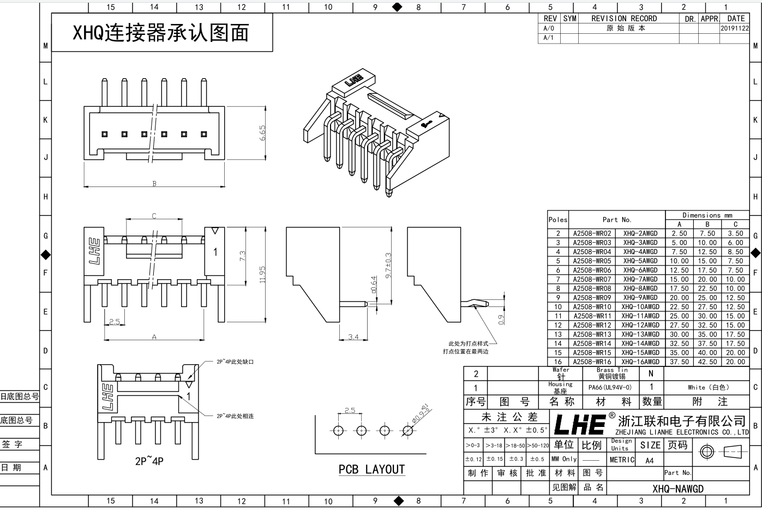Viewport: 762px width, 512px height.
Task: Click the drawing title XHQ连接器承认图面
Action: tap(161, 33)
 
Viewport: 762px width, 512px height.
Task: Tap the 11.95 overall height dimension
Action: tap(262, 274)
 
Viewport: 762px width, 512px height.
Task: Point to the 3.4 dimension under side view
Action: tap(353, 337)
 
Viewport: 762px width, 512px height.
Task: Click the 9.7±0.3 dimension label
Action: tap(388, 266)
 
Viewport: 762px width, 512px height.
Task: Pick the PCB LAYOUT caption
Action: tap(371, 469)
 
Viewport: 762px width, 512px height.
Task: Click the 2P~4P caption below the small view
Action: tap(149, 461)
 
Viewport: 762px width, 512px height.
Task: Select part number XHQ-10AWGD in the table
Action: tap(640, 306)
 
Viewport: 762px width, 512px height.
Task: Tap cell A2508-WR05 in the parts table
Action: tap(592, 261)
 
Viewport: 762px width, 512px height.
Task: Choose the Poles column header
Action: tap(558, 220)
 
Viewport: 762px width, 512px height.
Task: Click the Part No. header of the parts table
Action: tap(617, 220)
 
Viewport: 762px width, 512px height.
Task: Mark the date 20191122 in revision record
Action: tap(735, 28)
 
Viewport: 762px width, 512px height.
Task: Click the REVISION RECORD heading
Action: tap(624, 19)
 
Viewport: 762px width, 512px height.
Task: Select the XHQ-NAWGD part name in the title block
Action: tap(678, 489)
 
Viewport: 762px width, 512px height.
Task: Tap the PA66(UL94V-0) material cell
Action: tap(610, 387)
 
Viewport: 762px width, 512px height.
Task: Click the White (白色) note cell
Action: tap(708, 387)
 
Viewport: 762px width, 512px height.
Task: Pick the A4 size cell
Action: tap(649, 460)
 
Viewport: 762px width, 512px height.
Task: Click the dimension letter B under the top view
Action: tap(154, 184)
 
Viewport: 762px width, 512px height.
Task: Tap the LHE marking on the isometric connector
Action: tap(354, 80)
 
